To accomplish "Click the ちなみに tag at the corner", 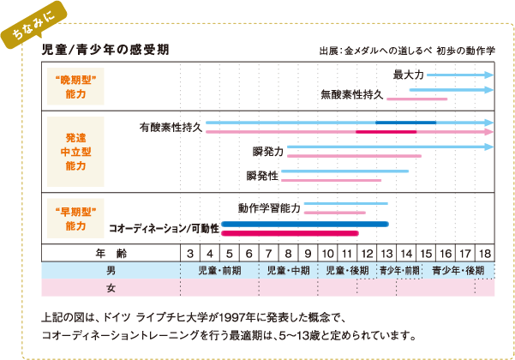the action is click(x=33, y=25).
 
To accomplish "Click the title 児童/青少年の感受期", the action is click(x=105, y=50).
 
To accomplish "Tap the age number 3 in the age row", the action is click(x=190, y=254).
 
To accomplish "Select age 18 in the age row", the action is click(x=485, y=254).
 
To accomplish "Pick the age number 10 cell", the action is click(x=327, y=254).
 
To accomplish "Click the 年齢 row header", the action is click(x=111, y=254).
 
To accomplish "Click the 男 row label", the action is click(x=111, y=271).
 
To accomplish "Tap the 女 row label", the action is click(x=111, y=288).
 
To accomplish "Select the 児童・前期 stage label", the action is click(x=219, y=271).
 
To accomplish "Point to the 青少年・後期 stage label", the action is click(x=458, y=271).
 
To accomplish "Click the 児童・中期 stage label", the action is click(x=289, y=271).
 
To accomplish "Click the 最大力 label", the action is click(x=408, y=75).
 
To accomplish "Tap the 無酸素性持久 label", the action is click(x=352, y=94).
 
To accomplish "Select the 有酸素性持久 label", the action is click(x=171, y=127).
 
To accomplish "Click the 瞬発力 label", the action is click(x=268, y=152).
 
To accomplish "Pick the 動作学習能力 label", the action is click(x=269, y=208).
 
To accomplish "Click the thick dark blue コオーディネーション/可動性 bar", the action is click(x=305, y=225).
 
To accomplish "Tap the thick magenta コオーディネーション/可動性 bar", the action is click(x=290, y=233).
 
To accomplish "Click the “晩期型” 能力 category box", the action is click(x=75, y=87).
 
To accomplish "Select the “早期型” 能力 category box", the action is click(x=75, y=219).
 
